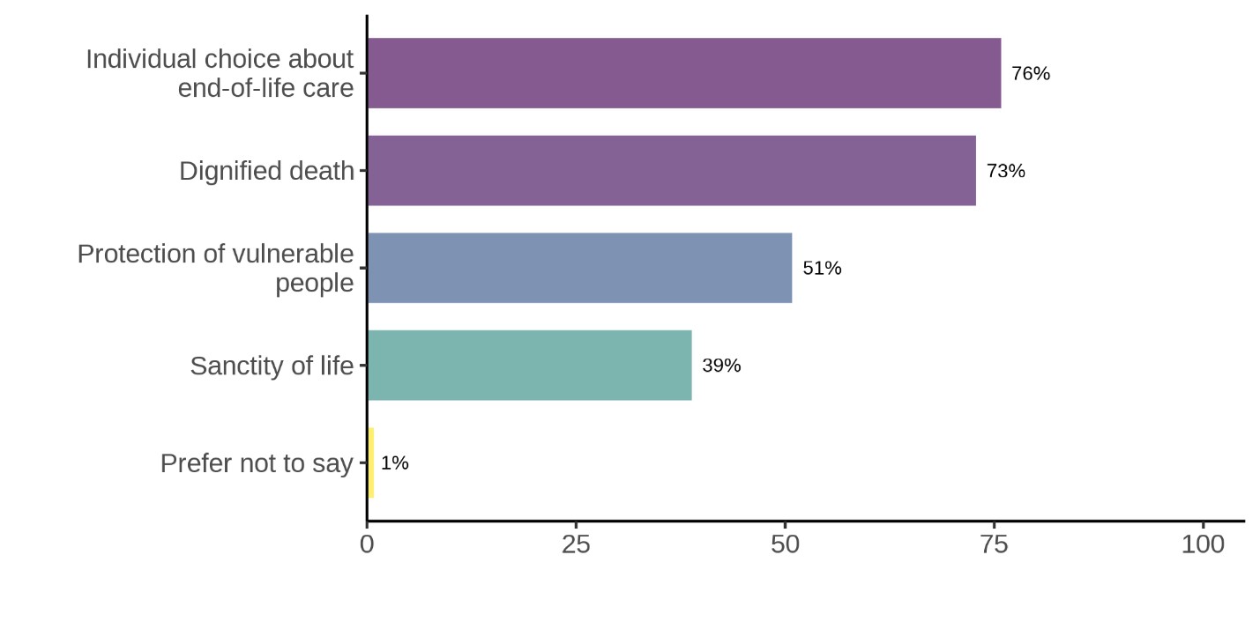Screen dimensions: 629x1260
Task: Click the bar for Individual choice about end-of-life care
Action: (683, 73)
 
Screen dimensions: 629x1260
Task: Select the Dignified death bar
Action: (671, 170)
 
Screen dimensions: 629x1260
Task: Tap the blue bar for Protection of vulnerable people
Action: (579, 268)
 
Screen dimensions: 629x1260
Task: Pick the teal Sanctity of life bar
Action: (529, 365)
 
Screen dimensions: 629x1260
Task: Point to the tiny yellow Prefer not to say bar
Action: (370, 462)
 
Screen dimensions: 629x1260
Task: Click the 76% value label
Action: (1031, 74)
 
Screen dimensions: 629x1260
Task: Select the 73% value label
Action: (1006, 171)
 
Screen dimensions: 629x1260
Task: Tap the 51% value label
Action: (822, 269)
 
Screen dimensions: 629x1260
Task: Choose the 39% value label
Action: (721, 366)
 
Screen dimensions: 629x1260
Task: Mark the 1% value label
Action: (395, 463)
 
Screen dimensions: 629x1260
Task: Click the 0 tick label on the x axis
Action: (367, 544)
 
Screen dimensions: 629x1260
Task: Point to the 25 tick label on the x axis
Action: (576, 544)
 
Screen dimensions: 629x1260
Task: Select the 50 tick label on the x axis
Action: (785, 544)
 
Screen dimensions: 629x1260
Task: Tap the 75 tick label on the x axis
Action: (994, 544)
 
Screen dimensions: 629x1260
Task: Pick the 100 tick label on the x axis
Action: (1203, 544)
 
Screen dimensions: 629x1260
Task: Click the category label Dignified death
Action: (266, 171)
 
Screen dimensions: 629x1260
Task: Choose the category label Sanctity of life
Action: (272, 366)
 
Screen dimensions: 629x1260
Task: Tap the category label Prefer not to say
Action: (257, 463)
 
